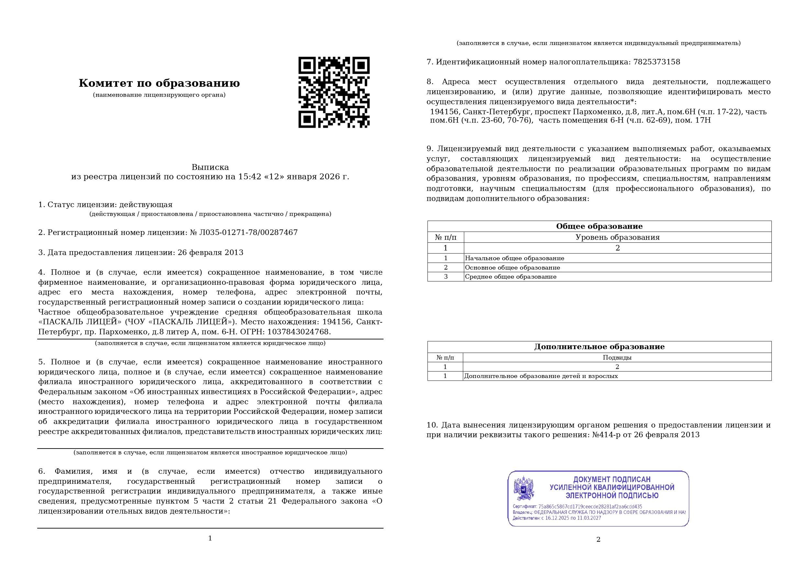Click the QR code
pyautogui.click(x=334, y=92)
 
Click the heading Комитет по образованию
pyautogui.click(x=159, y=83)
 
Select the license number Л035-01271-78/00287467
pyautogui.click(x=249, y=233)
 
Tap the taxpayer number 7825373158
pyautogui.click(x=657, y=62)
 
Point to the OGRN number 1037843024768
pyautogui.click(x=298, y=332)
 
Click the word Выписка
pyautogui.click(x=210, y=167)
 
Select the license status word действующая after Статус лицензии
pyautogui.click(x=146, y=205)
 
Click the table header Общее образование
pyautogui.click(x=599, y=226)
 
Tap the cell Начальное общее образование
pyautogui.click(x=515, y=258)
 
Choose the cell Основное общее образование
pyautogui.click(x=512, y=267)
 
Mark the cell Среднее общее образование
pyautogui.click(x=511, y=277)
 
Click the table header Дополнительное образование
pyautogui.click(x=599, y=347)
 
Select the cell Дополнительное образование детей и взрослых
pyautogui.click(x=541, y=376)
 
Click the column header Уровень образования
pyautogui.click(x=617, y=237)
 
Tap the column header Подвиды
pyautogui.click(x=617, y=357)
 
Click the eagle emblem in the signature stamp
pyautogui.click(x=524, y=488)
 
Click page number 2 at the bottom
pyautogui.click(x=598, y=539)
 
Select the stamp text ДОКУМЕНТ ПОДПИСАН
pyautogui.click(x=612, y=479)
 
